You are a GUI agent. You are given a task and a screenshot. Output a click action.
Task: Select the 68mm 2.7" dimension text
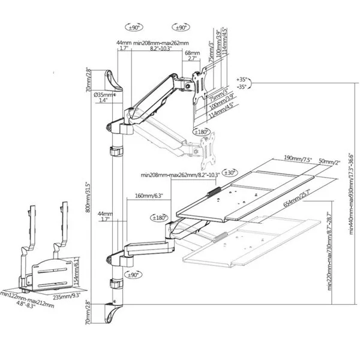pos(193,55)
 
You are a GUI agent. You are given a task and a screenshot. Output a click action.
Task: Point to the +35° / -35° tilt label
pos(242,83)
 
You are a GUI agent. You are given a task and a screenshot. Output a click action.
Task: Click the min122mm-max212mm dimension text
pos(28,301)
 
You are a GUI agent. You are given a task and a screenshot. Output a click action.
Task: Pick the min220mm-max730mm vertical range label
pos(330,253)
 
